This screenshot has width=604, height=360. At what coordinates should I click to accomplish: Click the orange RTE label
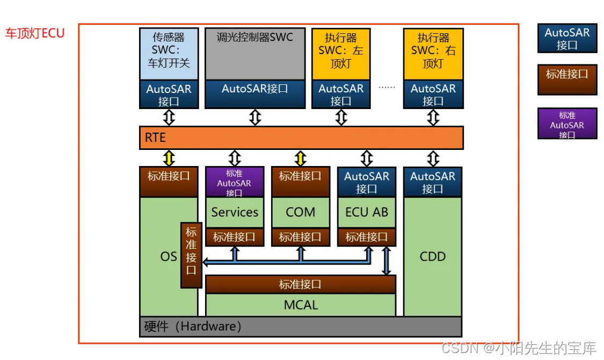(155, 138)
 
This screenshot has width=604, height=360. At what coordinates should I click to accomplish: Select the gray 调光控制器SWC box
(254, 54)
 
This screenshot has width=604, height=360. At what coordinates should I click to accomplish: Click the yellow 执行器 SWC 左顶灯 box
(340, 51)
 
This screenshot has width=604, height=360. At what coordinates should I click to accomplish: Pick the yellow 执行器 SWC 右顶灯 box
(433, 51)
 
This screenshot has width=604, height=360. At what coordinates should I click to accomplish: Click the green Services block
(235, 212)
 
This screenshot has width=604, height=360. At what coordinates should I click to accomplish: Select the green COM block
(300, 212)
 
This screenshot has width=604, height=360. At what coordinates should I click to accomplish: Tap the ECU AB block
(366, 212)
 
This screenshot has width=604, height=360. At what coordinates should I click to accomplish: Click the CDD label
(432, 256)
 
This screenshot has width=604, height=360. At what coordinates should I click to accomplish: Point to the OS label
(168, 256)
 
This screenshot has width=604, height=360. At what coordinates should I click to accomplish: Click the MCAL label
(301, 305)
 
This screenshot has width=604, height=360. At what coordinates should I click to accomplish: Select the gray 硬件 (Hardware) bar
(300, 327)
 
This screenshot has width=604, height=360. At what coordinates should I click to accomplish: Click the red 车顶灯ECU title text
(35, 33)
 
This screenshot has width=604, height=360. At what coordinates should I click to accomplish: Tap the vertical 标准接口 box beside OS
(191, 255)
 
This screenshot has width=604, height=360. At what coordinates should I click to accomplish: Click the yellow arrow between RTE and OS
(169, 158)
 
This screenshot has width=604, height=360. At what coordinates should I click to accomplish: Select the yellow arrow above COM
(300, 158)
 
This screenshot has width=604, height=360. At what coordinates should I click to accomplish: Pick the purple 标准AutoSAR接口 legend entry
(567, 124)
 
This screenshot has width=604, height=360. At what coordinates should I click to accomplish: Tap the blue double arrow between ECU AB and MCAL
(385, 261)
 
